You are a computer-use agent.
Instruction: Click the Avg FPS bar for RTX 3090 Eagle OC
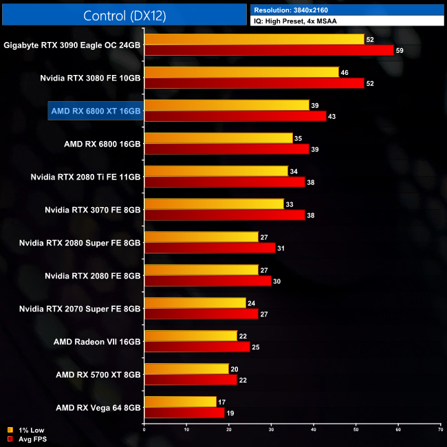coord(268,50)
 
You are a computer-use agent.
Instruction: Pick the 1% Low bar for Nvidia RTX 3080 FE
coord(241,72)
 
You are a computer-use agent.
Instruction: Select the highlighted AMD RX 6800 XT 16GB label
coord(96,111)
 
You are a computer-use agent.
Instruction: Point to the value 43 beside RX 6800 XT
coord(332,116)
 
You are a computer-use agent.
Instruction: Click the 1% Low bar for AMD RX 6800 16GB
coord(218,138)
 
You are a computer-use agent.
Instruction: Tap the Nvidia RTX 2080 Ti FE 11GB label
coord(85,177)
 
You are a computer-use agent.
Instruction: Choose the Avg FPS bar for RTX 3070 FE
coord(224,215)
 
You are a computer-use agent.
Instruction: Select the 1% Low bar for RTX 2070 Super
coord(195,303)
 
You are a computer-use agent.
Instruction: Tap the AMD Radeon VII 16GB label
coord(97,341)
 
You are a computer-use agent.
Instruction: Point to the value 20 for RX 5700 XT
coord(235,369)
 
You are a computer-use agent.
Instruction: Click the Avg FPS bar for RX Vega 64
coord(184,413)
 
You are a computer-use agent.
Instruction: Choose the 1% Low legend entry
coord(25,430)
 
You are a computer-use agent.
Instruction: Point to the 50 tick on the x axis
coord(356,429)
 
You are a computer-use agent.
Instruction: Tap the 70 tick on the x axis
coord(440,429)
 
